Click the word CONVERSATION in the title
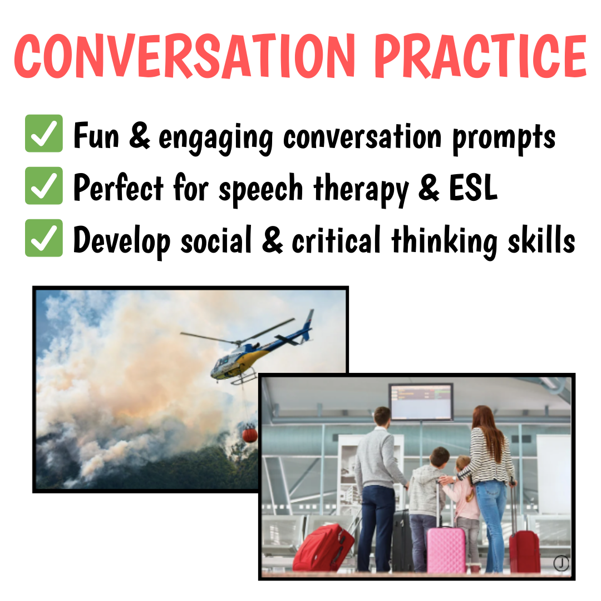185,56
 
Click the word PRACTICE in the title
481,56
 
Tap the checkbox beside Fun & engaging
44,134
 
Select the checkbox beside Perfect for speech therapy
44,185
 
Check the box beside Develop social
44,238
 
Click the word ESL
473,188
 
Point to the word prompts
504,138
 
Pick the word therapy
361,189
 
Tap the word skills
541,239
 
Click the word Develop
122,242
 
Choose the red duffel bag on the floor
323,548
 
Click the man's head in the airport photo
382,417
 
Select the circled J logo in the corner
561,563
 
